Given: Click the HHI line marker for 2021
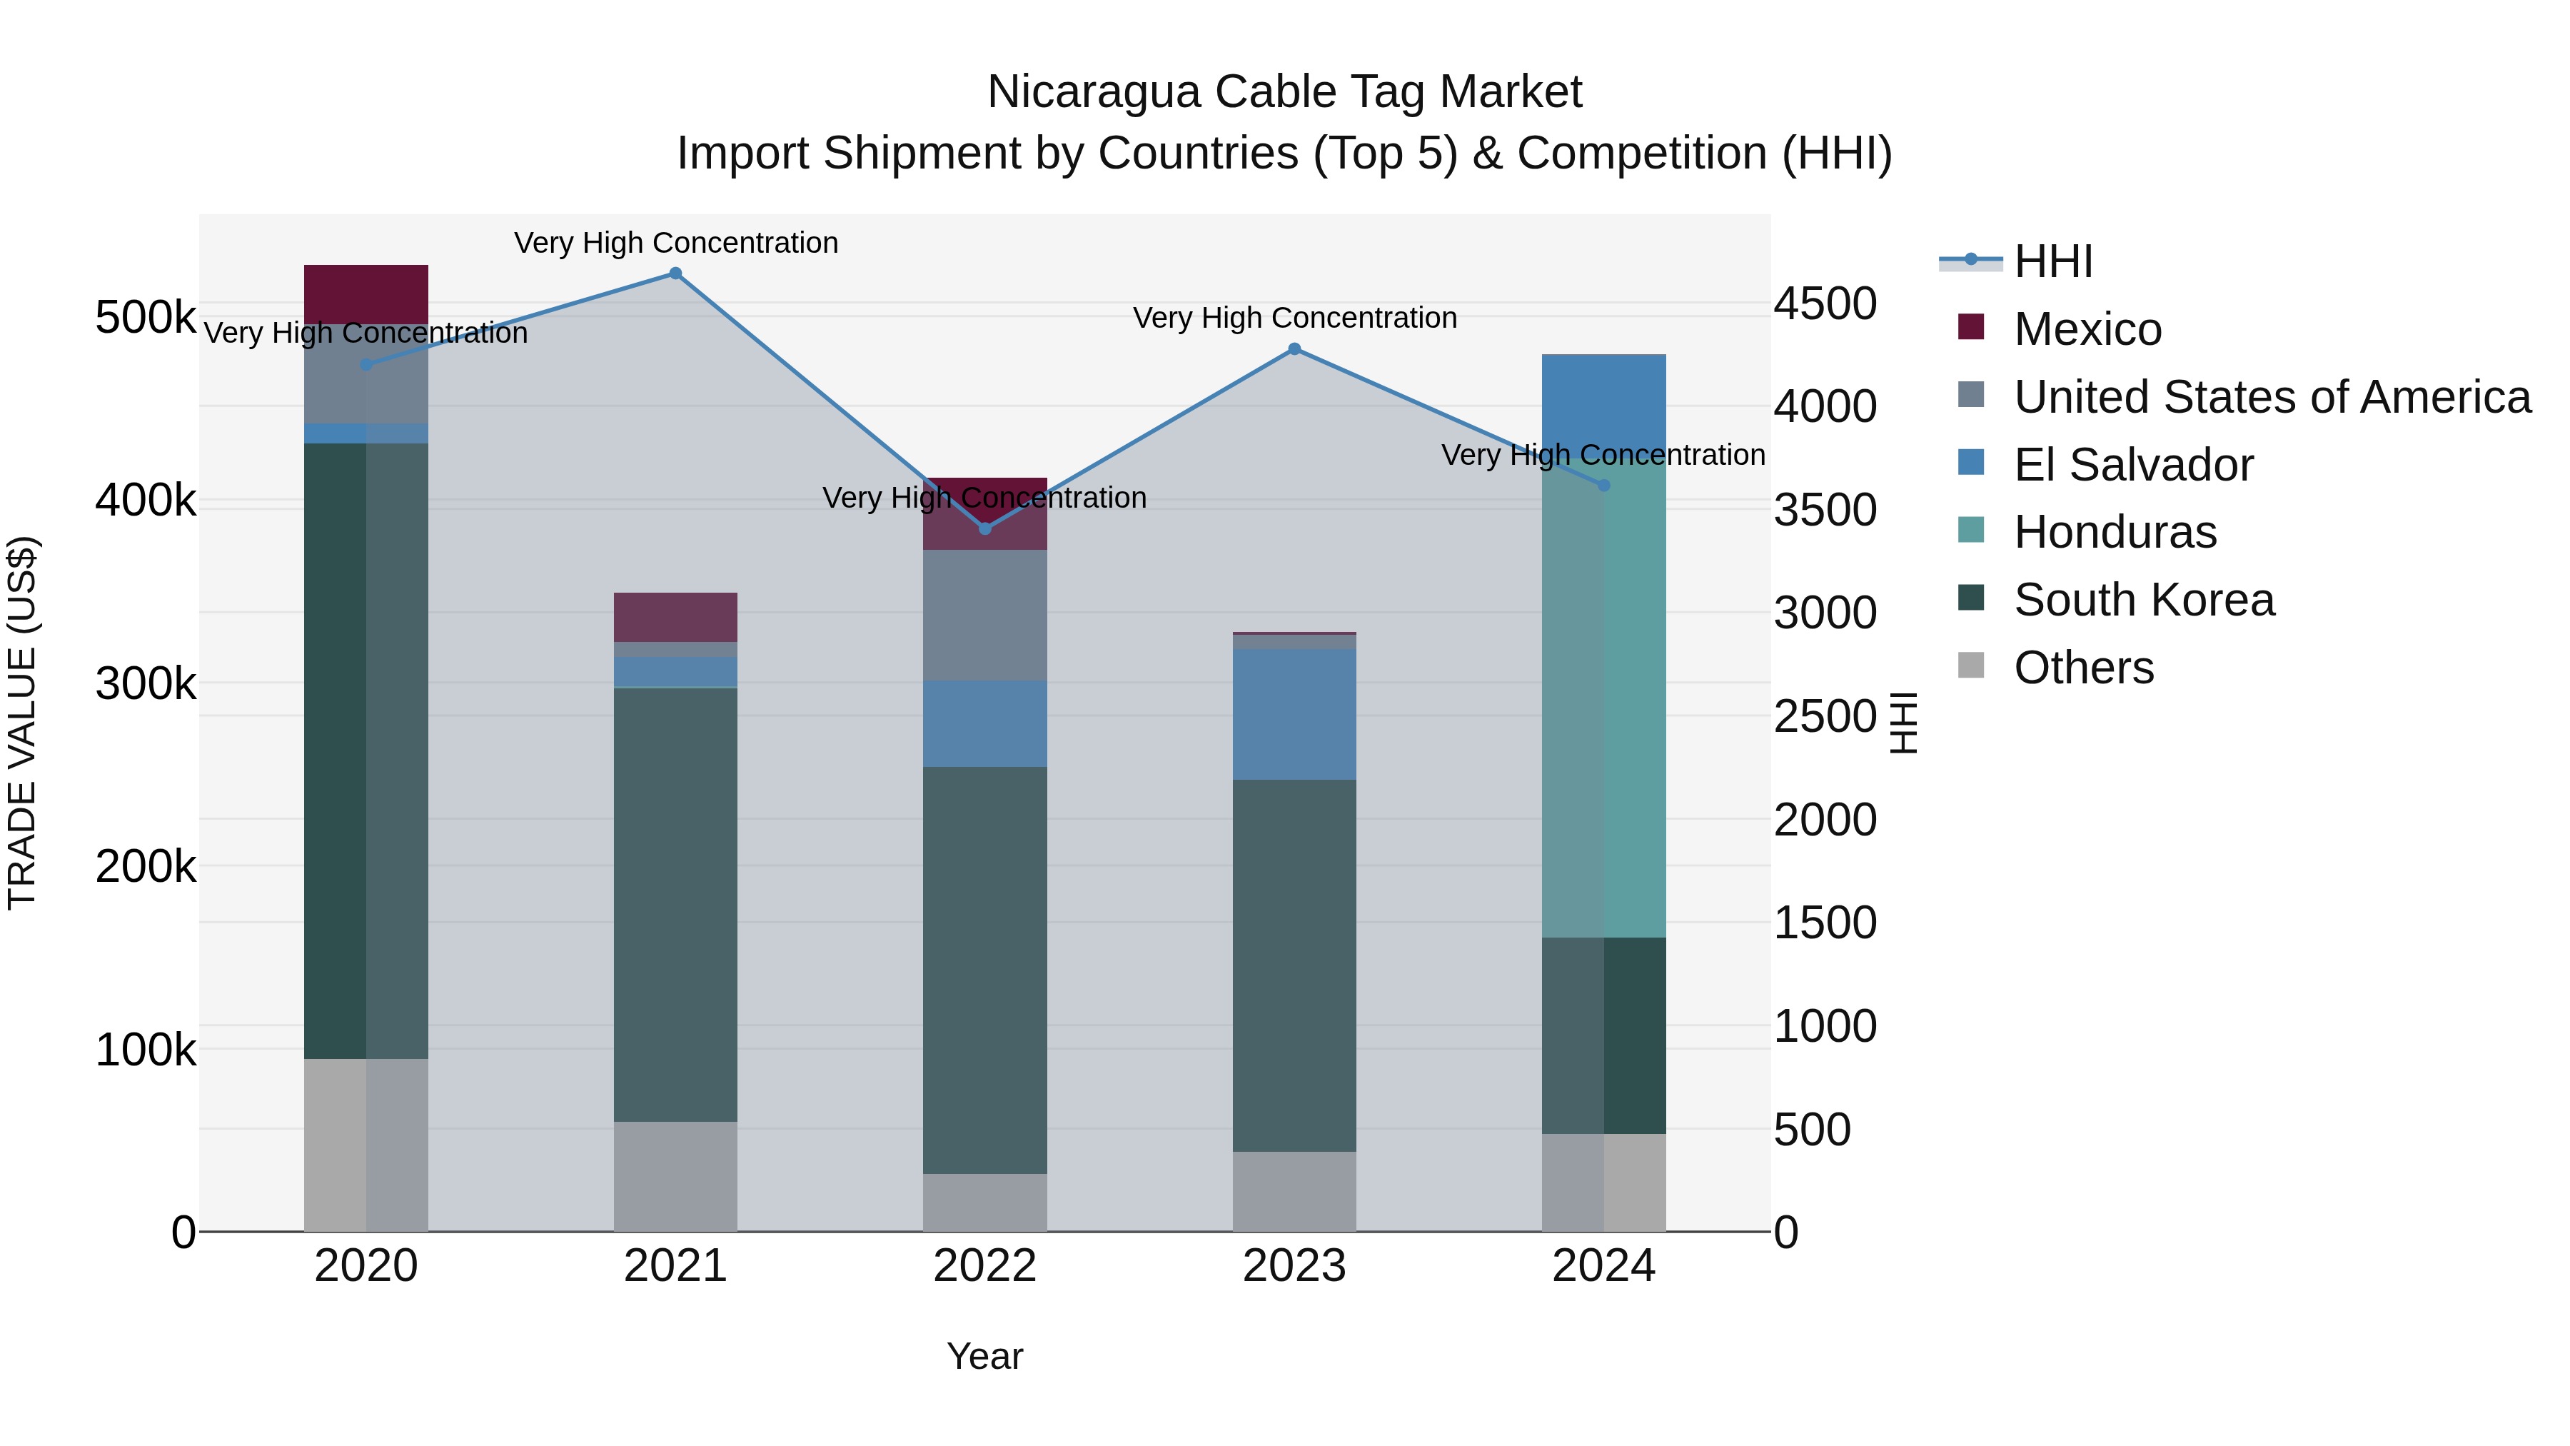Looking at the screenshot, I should coord(675,273).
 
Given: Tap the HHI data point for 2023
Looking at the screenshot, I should coord(1294,349).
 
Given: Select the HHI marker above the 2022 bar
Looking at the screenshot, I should coord(984,529).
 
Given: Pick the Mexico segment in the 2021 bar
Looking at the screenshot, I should coord(675,617).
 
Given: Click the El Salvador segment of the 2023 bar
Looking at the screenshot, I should coord(1294,715).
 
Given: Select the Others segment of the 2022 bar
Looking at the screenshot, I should coord(984,1203).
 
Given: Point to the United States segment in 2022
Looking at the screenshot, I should coord(984,615).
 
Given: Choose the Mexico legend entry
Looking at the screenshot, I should coord(2087,329).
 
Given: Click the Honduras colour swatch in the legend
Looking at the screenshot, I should coord(1970,530).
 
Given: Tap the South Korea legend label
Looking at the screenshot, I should coord(2144,600).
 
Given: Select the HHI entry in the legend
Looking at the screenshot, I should coord(2053,261).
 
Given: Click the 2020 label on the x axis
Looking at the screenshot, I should coord(366,1266).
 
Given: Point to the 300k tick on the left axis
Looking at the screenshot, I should coord(146,683).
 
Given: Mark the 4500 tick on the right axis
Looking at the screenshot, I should coord(1825,303).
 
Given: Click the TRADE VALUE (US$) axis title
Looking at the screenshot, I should coord(23,723).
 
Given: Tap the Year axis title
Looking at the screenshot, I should coord(984,1356).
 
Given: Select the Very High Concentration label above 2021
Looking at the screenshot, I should coord(675,243).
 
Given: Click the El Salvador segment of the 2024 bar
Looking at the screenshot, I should coord(1604,399).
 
